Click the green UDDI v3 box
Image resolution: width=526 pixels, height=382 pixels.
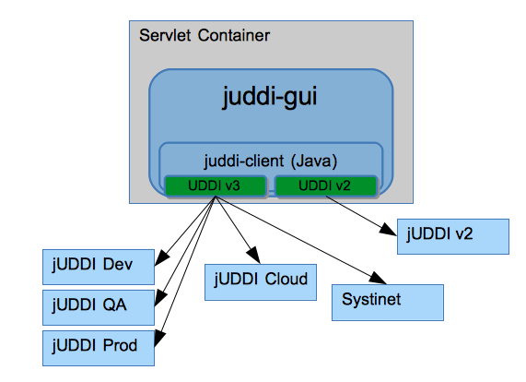(216, 186)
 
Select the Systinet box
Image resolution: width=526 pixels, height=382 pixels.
(387, 301)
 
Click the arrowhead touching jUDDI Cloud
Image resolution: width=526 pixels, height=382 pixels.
(249, 257)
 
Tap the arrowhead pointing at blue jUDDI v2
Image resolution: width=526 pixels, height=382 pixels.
(390, 228)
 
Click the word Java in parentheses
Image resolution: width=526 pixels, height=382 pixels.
(317, 160)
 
